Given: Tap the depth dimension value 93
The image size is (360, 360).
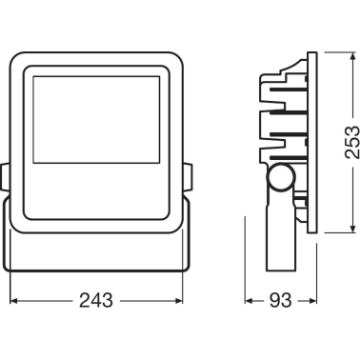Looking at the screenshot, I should click(279, 302).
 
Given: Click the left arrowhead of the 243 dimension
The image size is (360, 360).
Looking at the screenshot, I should click(15, 302).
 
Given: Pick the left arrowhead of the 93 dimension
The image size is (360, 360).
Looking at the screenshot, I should click(250, 302).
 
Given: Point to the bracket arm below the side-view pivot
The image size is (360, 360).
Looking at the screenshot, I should click(281, 238).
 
